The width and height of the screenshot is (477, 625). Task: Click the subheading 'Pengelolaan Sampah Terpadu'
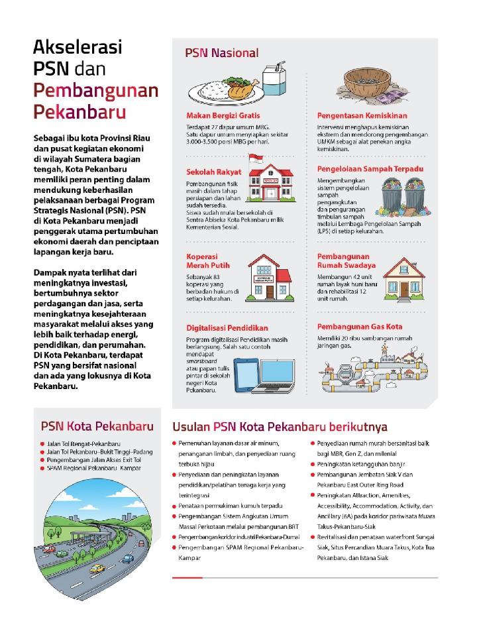click(370, 169)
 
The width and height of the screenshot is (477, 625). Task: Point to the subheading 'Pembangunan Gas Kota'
click(360, 327)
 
